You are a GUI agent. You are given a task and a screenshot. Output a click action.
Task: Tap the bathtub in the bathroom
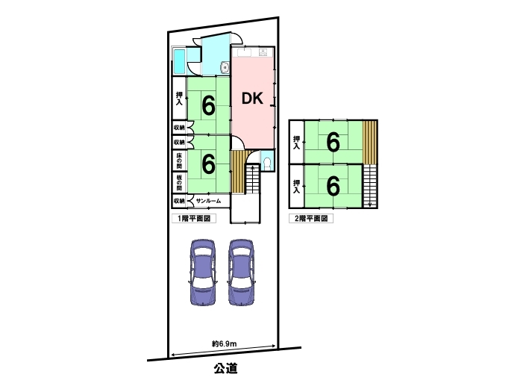coord(180,62)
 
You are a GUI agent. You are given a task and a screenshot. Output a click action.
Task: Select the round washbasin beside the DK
coord(223,69)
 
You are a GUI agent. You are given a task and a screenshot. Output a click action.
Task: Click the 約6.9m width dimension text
coord(224,343)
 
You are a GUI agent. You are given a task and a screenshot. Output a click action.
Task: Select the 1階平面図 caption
coord(193,219)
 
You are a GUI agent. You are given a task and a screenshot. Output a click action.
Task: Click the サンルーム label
coord(209,201)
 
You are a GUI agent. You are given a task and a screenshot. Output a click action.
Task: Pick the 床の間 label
coord(179,161)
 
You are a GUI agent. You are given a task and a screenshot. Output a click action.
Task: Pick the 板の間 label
coord(179,181)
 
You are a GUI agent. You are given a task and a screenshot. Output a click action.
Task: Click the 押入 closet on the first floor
coord(179,99)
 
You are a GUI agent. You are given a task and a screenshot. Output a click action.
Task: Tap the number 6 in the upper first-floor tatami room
coord(208,106)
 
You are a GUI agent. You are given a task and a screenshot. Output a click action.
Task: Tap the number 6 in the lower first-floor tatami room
coord(208,161)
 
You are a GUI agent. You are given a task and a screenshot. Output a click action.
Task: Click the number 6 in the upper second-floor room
coord(333,140)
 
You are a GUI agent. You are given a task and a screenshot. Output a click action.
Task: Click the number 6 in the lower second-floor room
coord(333,184)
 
